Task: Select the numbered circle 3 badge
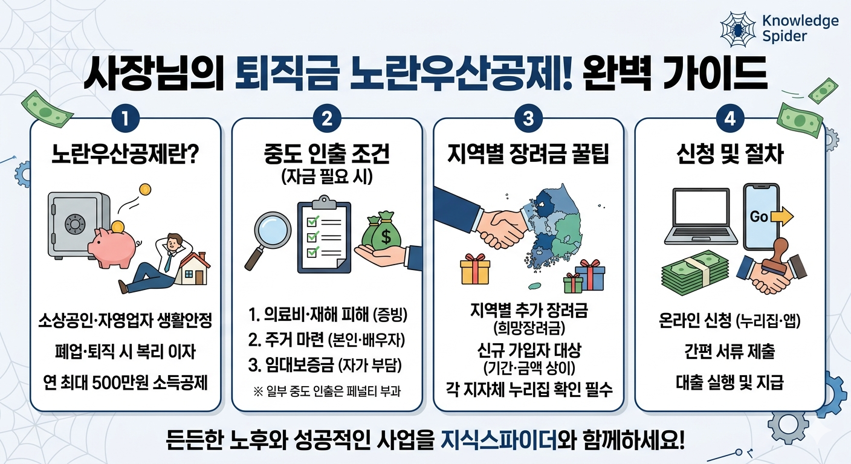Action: pos(528,119)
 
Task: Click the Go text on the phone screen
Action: pos(759,216)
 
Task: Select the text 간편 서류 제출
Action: pos(730,352)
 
